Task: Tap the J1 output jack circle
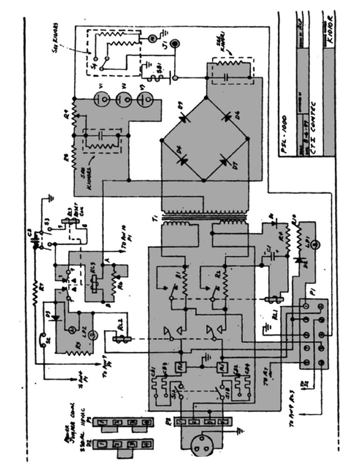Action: (176, 43)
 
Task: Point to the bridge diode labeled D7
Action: (225, 160)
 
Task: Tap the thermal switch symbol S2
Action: (41, 339)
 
